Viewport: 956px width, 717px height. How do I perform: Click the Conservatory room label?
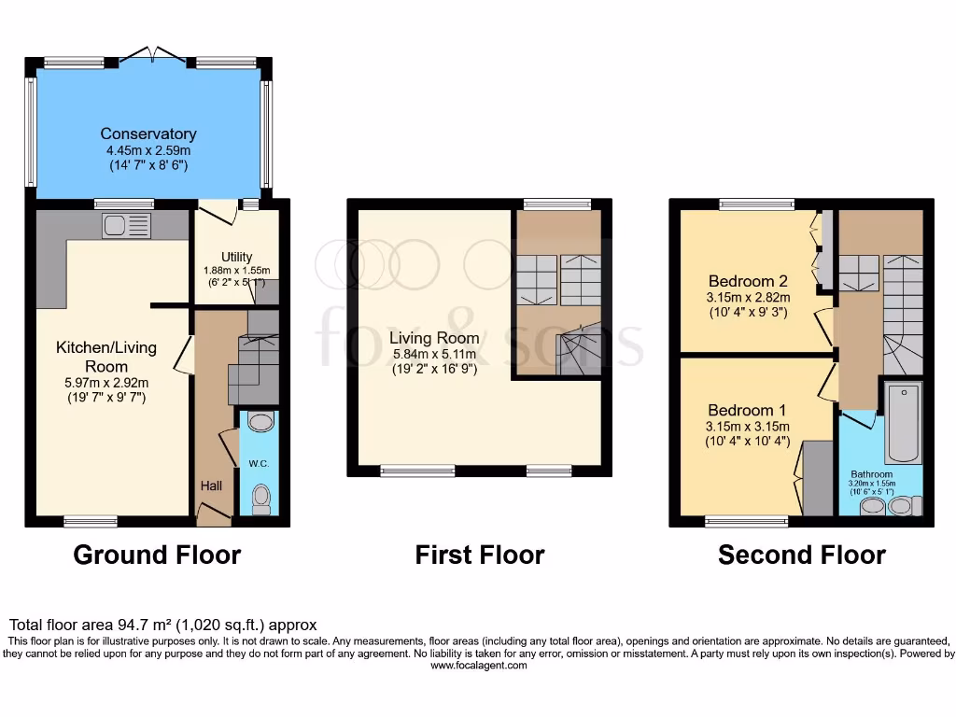[148, 134]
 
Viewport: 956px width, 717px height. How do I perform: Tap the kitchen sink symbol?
[127, 224]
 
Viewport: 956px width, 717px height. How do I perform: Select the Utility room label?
[236, 257]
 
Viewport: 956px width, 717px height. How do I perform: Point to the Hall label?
[211, 486]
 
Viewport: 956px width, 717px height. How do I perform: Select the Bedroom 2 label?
[741, 281]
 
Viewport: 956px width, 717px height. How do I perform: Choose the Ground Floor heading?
[157, 555]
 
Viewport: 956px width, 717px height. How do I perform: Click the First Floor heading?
[480, 555]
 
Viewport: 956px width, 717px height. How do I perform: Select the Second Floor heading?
[801, 555]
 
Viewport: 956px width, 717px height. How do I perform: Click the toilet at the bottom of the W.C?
[261, 498]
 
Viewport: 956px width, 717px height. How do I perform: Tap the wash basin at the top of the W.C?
[260, 423]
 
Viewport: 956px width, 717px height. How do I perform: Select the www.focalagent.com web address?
[478, 667]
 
